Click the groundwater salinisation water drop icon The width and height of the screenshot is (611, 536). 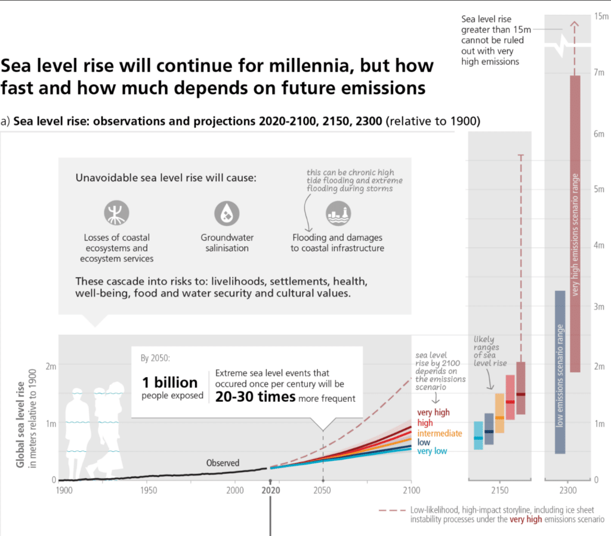click(x=227, y=213)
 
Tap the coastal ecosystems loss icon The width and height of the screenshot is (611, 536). click(x=116, y=213)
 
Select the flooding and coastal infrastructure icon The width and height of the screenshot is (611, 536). click(x=337, y=213)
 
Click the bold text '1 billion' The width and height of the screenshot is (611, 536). click(x=169, y=382)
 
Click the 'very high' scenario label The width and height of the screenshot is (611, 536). click(x=433, y=412)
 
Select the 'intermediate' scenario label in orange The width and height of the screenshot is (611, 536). click(x=439, y=433)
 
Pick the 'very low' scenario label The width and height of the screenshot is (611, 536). click(x=433, y=452)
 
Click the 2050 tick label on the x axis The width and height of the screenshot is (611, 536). click(x=322, y=491)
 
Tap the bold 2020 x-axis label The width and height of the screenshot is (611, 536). click(x=271, y=491)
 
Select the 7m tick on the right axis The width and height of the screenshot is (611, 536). click(x=600, y=72)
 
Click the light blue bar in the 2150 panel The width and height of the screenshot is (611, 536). click(x=478, y=436)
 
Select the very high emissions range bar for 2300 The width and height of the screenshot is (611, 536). click(x=575, y=223)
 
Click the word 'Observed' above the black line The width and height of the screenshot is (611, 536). click(x=223, y=463)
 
